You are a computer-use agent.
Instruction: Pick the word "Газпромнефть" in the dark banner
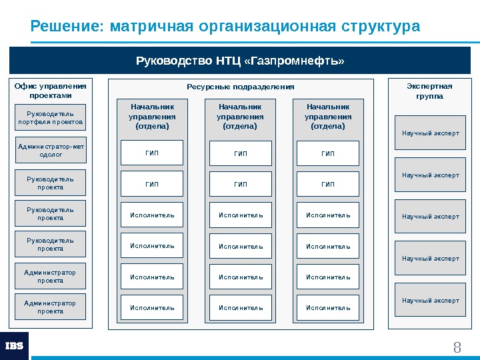coord(295,61)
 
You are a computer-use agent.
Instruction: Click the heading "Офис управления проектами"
coord(51,90)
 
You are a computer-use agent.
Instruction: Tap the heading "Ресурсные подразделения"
coord(240,87)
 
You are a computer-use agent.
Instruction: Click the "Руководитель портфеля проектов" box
coord(51,118)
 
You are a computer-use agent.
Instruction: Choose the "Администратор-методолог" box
coord(51,150)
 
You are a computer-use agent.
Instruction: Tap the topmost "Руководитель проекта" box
coord(51,183)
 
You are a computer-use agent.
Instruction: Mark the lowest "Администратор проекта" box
coord(51,307)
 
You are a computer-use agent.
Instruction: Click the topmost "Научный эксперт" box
coord(430,133)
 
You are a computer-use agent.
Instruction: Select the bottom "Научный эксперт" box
coord(430,301)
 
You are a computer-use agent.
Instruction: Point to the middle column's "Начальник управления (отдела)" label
coord(240,116)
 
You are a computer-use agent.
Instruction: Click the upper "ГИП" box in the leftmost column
coord(152,153)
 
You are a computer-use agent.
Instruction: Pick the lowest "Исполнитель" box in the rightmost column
coord(328,308)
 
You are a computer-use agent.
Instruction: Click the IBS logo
coord(15,345)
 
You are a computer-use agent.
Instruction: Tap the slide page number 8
coord(457,347)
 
